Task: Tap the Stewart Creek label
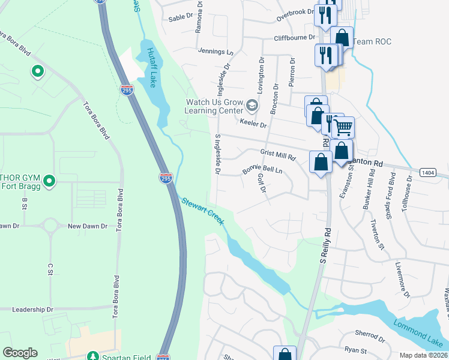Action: pos(202,211)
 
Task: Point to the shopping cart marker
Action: pos(342,127)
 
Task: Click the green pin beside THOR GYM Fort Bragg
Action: pos(50,180)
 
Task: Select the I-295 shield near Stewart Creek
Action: pos(167,178)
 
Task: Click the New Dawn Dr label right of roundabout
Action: pos(87,226)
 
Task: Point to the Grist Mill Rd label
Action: pos(278,155)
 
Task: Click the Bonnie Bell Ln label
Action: pos(262,170)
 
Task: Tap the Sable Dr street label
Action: pos(179,18)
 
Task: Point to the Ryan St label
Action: pos(355,349)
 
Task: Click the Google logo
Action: pos(20,353)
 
